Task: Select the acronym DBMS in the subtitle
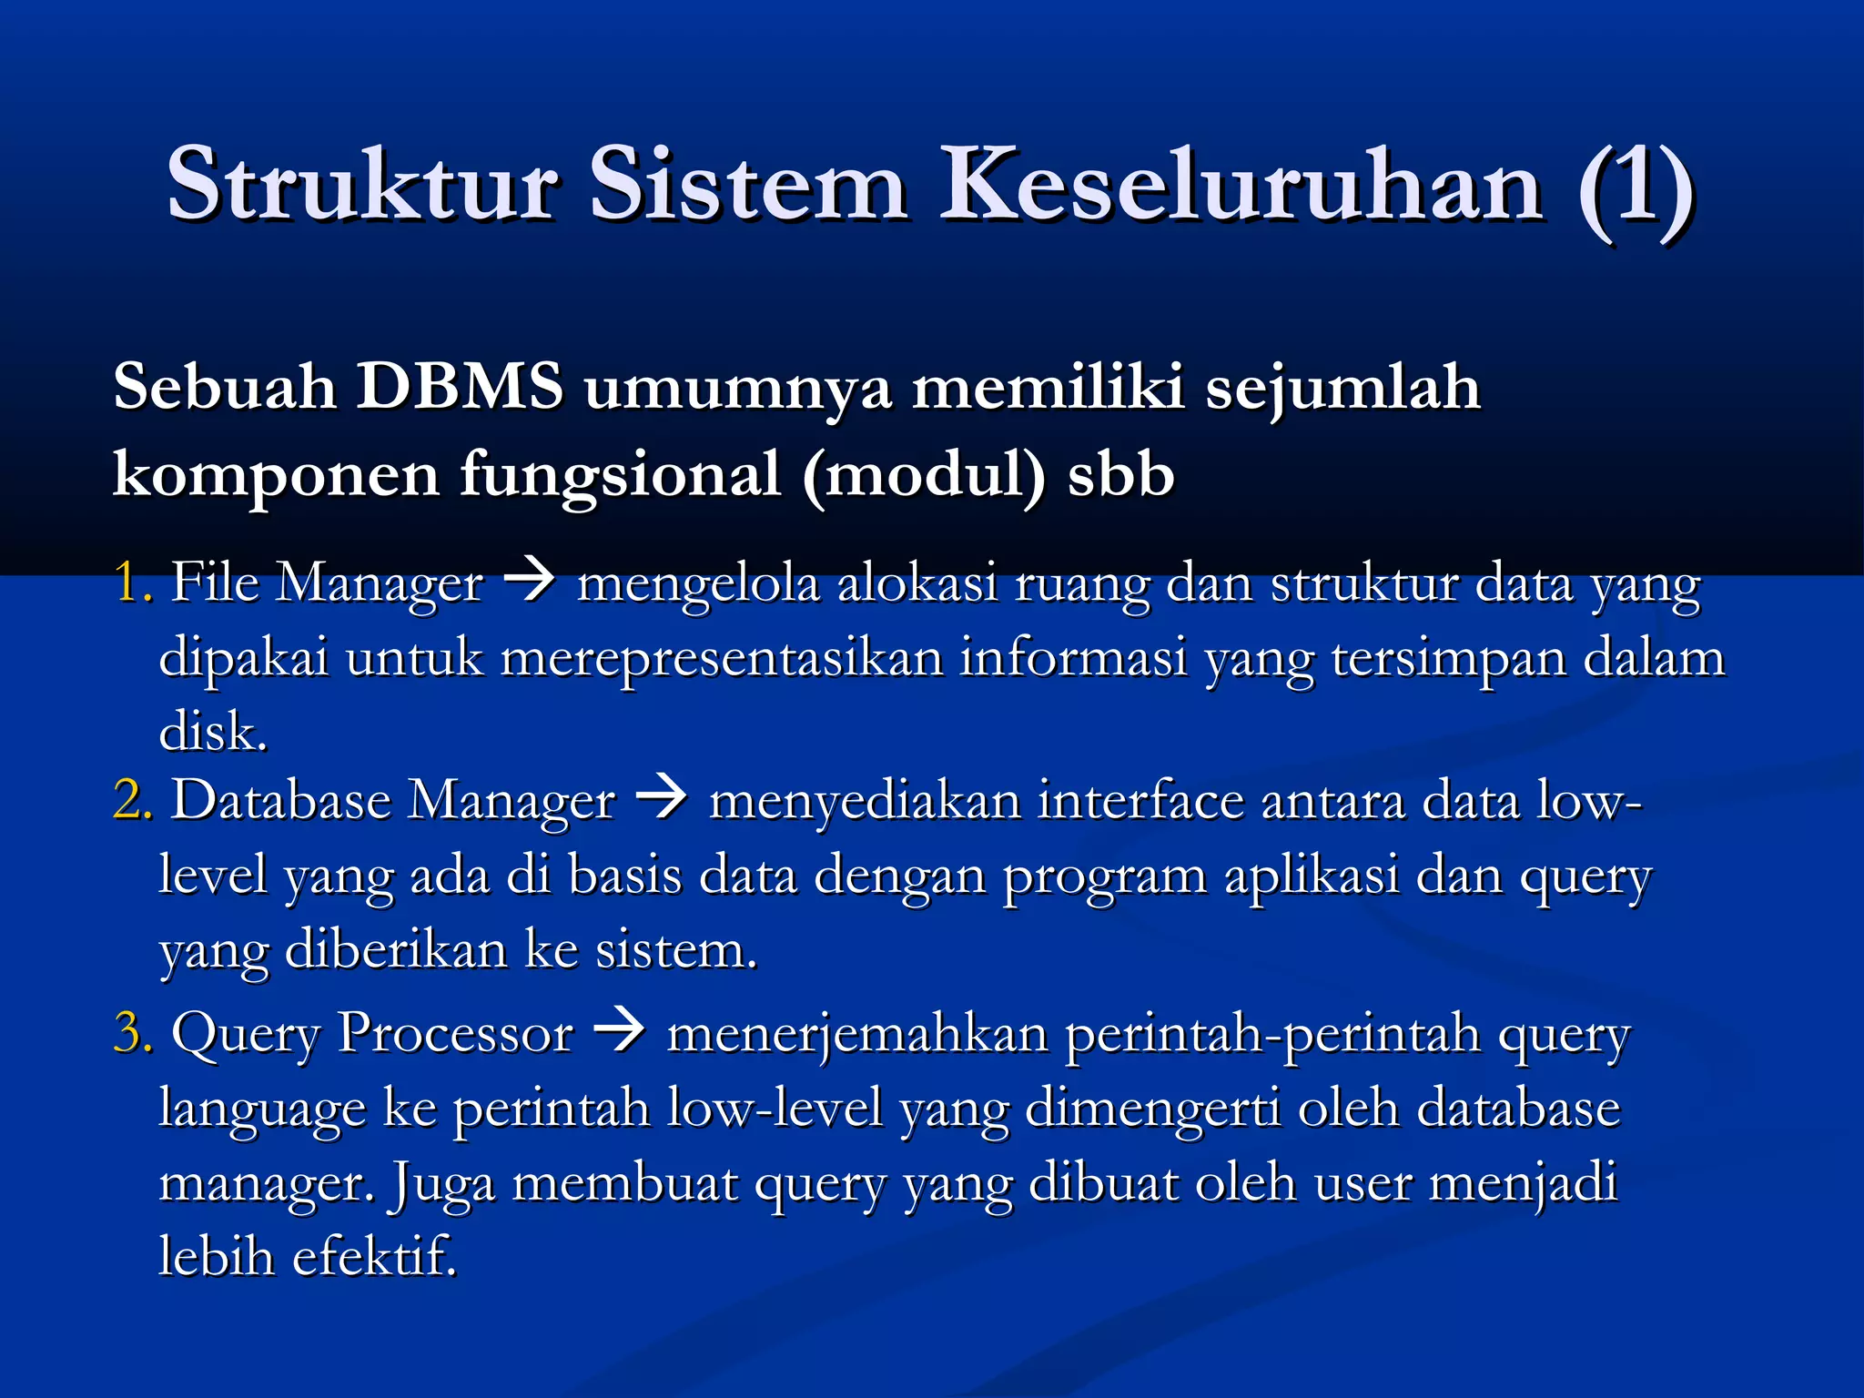pyautogui.click(x=460, y=387)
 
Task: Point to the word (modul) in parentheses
pyautogui.click(x=924, y=475)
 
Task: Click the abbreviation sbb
pyautogui.click(x=1120, y=475)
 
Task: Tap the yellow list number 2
pyautogui.click(x=132, y=800)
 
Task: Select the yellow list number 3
pyautogui.click(x=132, y=1033)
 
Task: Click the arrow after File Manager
pyautogui.click(x=529, y=580)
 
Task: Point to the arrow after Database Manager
pyautogui.click(x=661, y=799)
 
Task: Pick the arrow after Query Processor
pyautogui.click(x=619, y=1032)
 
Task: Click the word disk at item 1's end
pyautogui.click(x=213, y=731)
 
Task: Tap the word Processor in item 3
pyautogui.click(x=455, y=1034)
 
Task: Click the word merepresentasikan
pyautogui.click(x=722, y=658)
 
